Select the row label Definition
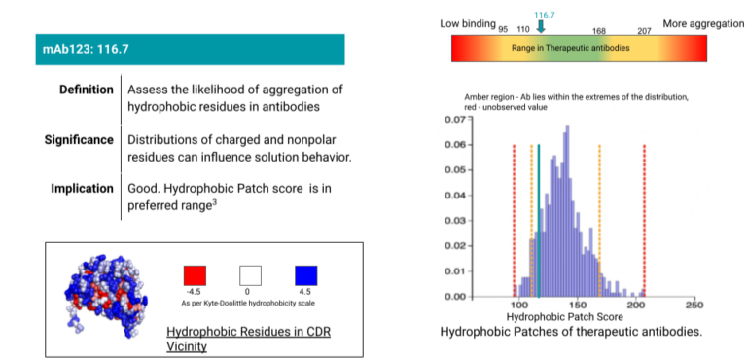(86, 90)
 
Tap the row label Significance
(79, 139)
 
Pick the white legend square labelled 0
(251, 274)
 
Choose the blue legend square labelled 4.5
(305, 274)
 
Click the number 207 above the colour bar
(644, 30)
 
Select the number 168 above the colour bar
(599, 30)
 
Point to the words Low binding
(467, 22)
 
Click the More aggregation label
(702, 22)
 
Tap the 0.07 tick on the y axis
(452, 119)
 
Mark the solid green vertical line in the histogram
(539, 224)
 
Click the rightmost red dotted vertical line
(644, 224)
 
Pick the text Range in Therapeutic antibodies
(568, 47)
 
